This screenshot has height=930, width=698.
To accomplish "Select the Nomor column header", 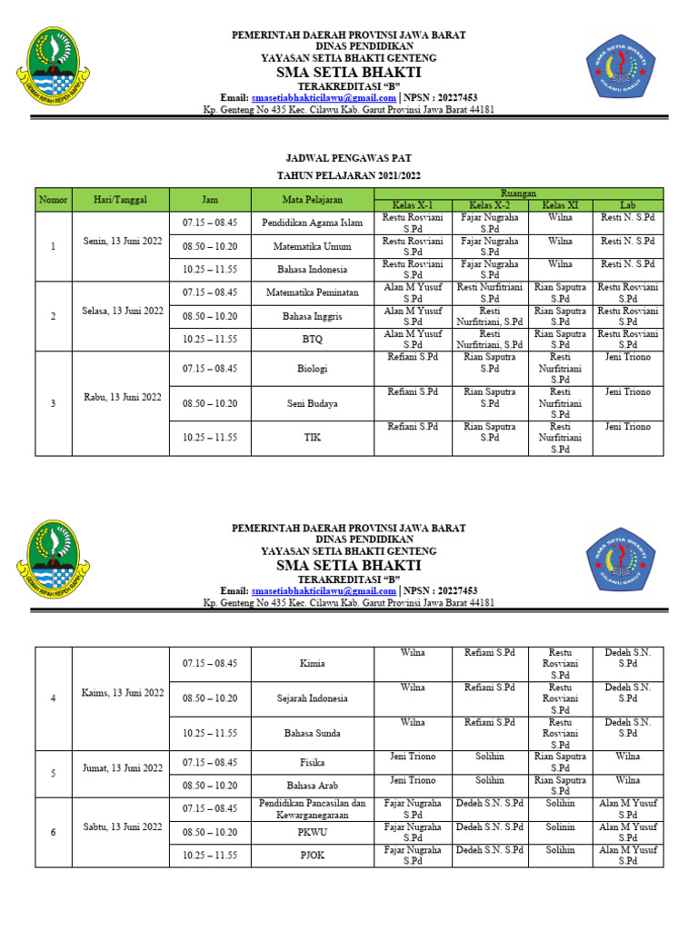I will tap(53, 199).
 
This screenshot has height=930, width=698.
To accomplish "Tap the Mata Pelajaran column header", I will tap(312, 199).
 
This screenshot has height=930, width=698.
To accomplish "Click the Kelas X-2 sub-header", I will tap(490, 205).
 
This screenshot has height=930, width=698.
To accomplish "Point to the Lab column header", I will tap(627, 205).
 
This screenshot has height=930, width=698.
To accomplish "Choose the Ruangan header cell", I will tap(520, 193).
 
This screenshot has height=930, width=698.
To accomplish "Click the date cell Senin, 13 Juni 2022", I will tap(121, 246).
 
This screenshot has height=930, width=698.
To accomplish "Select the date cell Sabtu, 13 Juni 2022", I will tap(121, 827).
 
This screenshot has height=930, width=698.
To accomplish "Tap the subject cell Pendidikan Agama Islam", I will tap(312, 223).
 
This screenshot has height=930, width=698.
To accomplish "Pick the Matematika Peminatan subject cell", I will tap(312, 292).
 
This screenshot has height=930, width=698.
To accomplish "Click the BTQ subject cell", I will tap(312, 339).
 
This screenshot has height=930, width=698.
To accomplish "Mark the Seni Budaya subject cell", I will tap(312, 403).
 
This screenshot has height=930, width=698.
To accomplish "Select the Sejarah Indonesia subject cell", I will tap(312, 698).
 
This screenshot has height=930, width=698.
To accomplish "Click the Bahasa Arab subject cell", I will tap(312, 786).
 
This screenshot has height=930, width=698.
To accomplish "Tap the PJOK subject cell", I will tap(312, 856).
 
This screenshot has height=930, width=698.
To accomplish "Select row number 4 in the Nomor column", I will tap(53, 697).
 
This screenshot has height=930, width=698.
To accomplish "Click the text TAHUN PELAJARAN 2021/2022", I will tap(350, 175).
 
